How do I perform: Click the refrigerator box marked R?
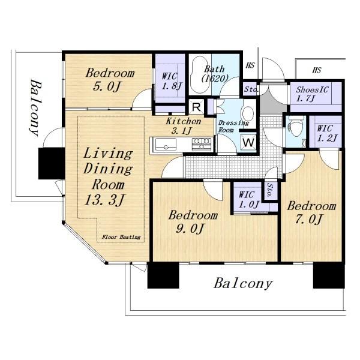coord(196,106)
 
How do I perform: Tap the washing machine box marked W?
coord(248,142)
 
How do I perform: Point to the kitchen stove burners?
coord(202,144)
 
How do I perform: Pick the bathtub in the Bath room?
coord(199,74)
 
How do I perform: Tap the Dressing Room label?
coord(233,126)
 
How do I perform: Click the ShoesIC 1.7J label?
coord(312,94)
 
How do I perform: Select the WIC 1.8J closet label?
coord(172,81)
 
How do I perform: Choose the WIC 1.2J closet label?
coord(327,133)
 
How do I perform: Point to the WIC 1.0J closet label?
coord(249,199)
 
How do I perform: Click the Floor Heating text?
coord(121,237)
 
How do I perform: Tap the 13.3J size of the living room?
coord(104,200)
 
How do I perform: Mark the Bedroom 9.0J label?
coord(193,221)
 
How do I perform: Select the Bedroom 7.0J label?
coord(311,212)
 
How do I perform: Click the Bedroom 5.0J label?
coord(110,80)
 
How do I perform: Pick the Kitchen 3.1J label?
coord(184,126)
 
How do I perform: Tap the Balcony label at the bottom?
coord(243,284)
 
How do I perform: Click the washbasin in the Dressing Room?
coord(247,113)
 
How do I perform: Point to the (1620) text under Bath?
coord(215,79)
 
